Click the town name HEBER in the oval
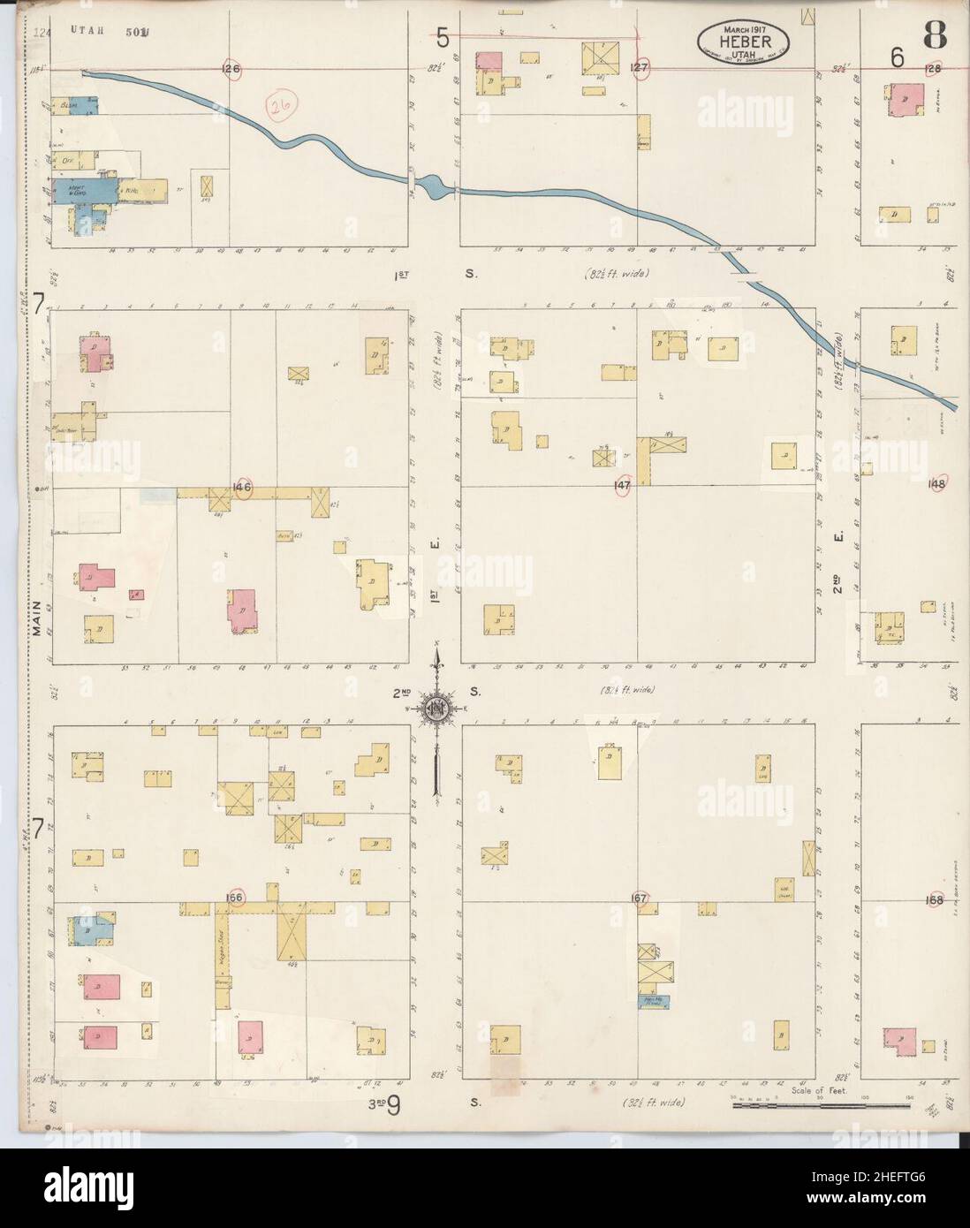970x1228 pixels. pos(746,42)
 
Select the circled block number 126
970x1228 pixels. pos(231,68)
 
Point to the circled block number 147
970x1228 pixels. pos(622,486)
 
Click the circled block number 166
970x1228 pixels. pos(235,897)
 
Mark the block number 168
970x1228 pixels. pos(935,900)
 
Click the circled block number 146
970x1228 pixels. pos(242,486)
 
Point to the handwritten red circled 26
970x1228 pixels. pos(284,109)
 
